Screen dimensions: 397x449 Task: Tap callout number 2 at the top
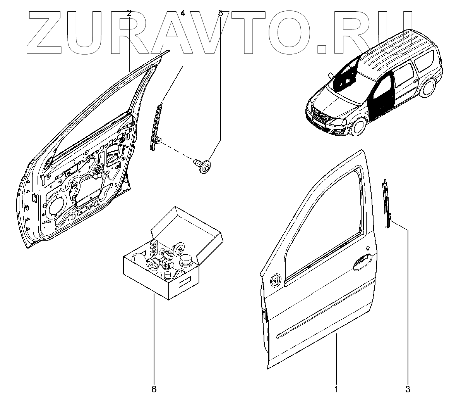click(x=129, y=13)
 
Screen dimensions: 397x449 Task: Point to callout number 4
click(x=182, y=13)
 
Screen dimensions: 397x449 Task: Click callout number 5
click(x=220, y=13)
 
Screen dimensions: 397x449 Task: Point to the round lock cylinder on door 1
click(x=276, y=280)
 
